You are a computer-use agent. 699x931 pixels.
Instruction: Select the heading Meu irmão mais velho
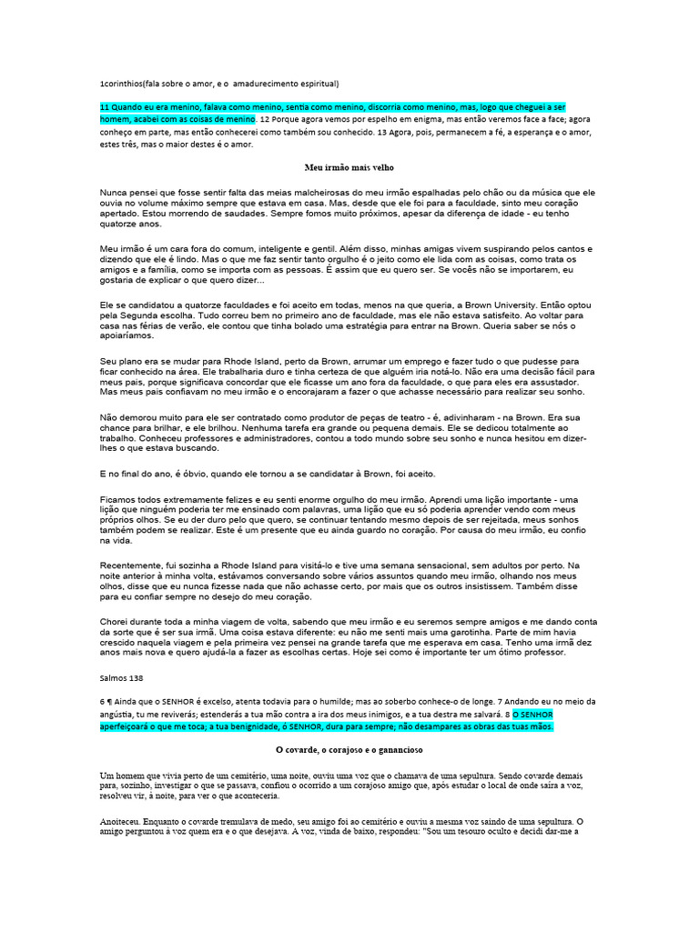[x=349, y=167]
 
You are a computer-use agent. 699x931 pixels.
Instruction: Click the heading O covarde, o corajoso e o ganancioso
[x=349, y=750]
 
